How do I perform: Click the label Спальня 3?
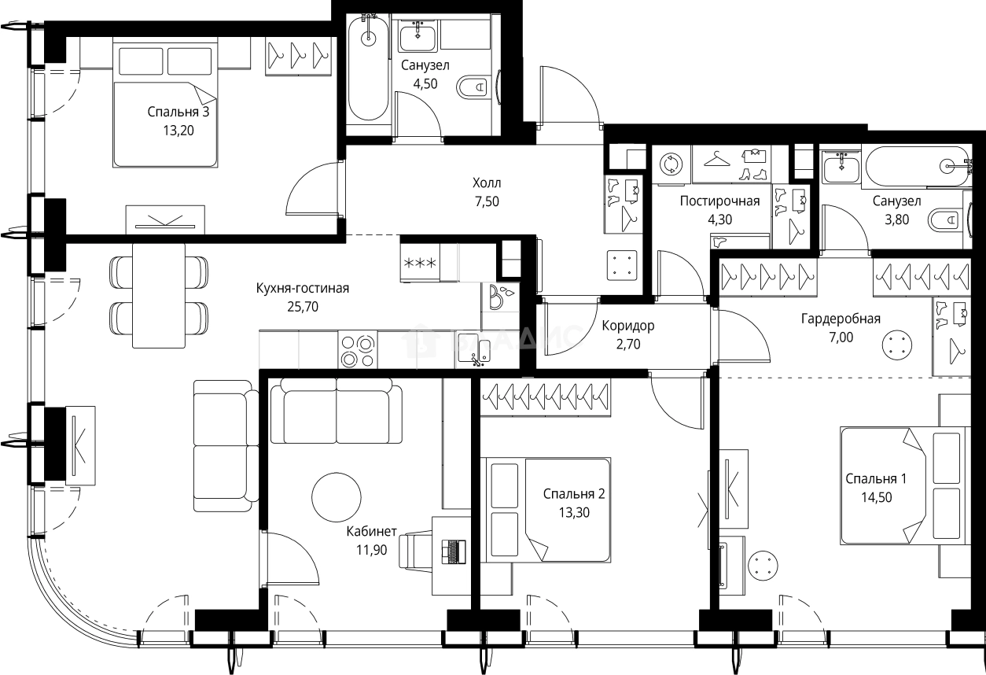pyautogui.click(x=178, y=112)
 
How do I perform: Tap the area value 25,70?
pyautogui.click(x=303, y=307)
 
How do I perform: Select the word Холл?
pyautogui.click(x=487, y=183)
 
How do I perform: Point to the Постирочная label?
pyautogui.click(x=719, y=201)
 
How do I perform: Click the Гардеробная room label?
pyautogui.click(x=841, y=319)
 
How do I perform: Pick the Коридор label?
pyautogui.click(x=628, y=326)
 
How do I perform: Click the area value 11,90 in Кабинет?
pyautogui.click(x=372, y=550)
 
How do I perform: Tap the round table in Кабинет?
pyautogui.click(x=337, y=497)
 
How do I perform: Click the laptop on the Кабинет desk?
pyautogui.click(x=454, y=551)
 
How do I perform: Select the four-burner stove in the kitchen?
pyautogui.click(x=358, y=352)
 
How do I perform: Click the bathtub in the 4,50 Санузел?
pyautogui.click(x=369, y=67)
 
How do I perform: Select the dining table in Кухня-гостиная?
pyautogui.click(x=159, y=296)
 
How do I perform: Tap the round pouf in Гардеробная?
pyautogui.click(x=897, y=345)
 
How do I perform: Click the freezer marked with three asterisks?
pyautogui.click(x=420, y=263)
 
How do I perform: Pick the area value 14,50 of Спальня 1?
pyautogui.click(x=877, y=497)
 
